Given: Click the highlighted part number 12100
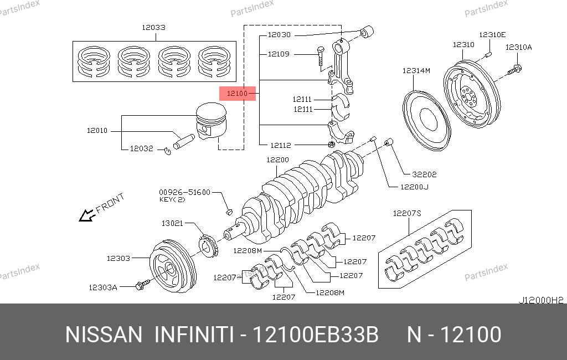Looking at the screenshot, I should pyautogui.click(x=237, y=94).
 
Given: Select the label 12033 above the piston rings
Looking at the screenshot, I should pyautogui.click(x=153, y=27).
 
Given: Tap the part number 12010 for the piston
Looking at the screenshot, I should pyautogui.click(x=97, y=131).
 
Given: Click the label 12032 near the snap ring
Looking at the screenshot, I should pyautogui.click(x=141, y=148).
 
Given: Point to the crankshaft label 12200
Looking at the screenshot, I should pyautogui.click(x=277, y=160).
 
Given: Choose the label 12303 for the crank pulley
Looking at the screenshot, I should pyautogui.click(x=118, y=258).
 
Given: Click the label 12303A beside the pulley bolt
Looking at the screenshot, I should pyautogui.click(x=103, y=287).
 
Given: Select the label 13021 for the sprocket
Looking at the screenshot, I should pyautogui.click(x=172, y=223).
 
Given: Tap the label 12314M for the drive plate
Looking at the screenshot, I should pyautogui.click(x=416, y=70).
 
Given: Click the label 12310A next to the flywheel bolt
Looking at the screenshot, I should pyautogui.click(x=518, y=47).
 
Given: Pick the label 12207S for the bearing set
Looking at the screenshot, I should pyautogui.click(x=407, y=213).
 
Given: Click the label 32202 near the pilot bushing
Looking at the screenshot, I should pyautogui.click(x=424, y=174).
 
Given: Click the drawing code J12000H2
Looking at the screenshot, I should pyautogui.click(x=540, y=300).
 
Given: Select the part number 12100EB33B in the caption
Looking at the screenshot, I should pyautogui.click(x=316, y=335).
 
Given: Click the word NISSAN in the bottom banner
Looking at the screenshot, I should pyautogui.click(x=104, y=335).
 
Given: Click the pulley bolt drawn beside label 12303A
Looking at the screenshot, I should pyautogui.click(x=141, y=285).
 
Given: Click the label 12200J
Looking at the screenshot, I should pyautogui.click(x=414, y=187).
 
